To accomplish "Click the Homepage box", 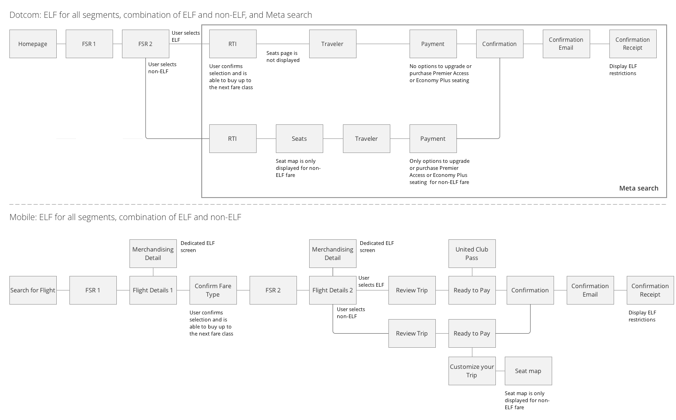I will tap(33, 44).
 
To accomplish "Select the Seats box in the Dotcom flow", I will tap(299, 139).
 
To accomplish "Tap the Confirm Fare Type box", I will tap(213, 290).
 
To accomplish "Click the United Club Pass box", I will tap(472, 253).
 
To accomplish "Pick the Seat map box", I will tap(528, 371).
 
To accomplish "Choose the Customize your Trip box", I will tap(472, 371).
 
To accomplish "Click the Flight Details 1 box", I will tap(153, 290).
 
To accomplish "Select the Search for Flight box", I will tap(33, 290).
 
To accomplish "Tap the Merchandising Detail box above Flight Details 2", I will tap(333, 253).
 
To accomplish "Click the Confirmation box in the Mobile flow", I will tap(530, 290).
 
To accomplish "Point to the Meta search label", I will tap(638, 188).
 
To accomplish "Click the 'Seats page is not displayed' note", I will tap(283, 57).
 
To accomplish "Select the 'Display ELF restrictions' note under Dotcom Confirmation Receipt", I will tap(623, 69).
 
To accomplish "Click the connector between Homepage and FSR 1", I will tap(61, 44).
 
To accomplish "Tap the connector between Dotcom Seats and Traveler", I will tap(333, 139).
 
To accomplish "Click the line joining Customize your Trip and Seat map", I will tap(500, 371).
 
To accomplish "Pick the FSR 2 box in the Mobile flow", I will tap(273, 290).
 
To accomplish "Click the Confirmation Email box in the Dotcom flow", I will tap(566, 44).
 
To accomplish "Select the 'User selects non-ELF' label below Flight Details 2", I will tap(351, 313).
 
